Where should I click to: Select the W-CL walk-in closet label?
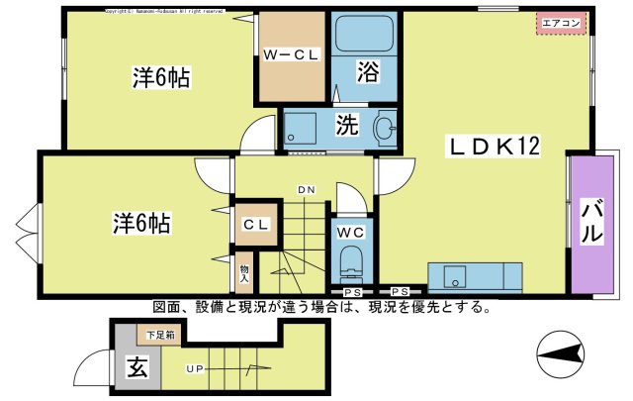point(291,56)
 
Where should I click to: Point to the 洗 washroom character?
point(345,126)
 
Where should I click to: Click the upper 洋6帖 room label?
point(162,76)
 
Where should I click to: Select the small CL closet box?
point(255,225)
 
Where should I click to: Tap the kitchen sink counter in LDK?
point(474,275)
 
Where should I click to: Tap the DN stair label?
point(306,189)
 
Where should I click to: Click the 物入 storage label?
point(244,270)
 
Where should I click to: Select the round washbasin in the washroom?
point(384,128)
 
